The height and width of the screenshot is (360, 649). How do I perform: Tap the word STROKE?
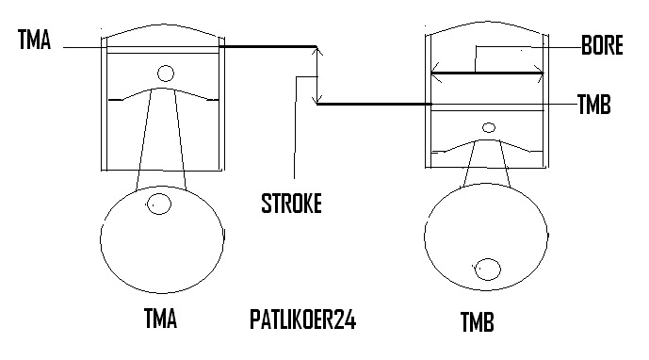click(290, 203)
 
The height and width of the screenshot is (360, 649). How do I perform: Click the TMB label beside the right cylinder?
click(595, 105)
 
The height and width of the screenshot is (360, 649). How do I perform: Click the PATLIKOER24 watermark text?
click(303, 319)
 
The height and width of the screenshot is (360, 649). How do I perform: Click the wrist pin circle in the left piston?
click(166, 73)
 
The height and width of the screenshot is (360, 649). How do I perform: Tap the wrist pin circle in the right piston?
click(488, 127)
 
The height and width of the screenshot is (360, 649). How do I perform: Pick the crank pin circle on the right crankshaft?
click(488, 268)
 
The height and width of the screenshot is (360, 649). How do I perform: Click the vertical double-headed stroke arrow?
click(319, 74)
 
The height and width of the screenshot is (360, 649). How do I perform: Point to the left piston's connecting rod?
click(161, 141)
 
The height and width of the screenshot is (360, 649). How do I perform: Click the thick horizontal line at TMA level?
click(268, 45)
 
